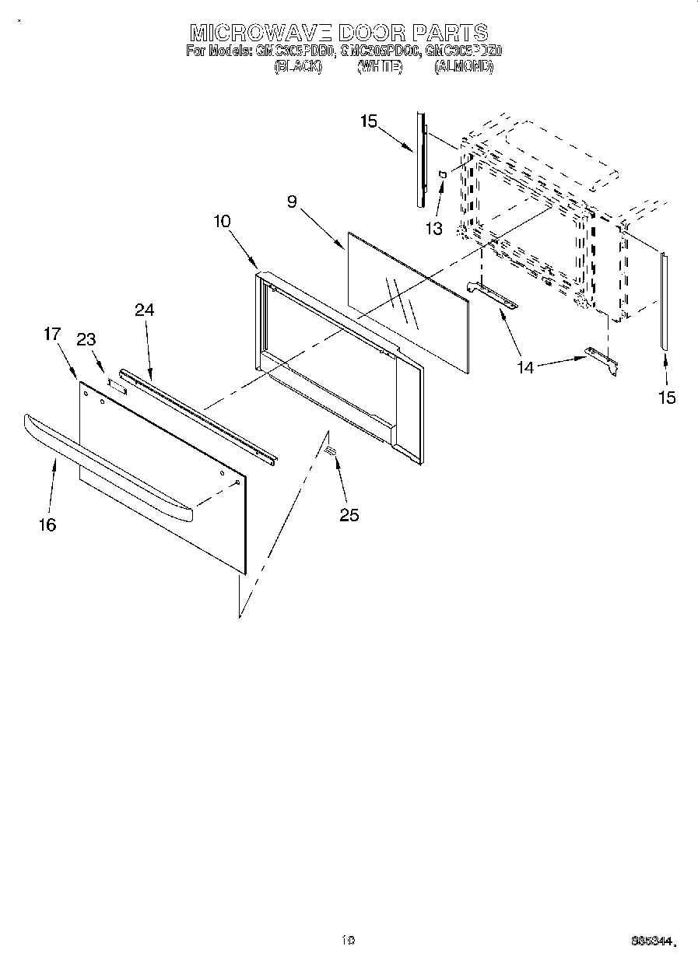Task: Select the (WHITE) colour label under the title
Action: pos(379,68)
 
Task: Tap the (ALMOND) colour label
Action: pos(464,68)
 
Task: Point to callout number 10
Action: pos(222,221)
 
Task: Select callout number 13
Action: pos(433,229)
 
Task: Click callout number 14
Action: pos(527,366)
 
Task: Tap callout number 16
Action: pos(47,525)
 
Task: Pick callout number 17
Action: pos(51,335)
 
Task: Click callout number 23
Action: pos(86,339)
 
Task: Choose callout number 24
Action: pos(144,310)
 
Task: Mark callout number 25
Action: pos(349,514)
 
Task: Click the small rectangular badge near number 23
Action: pos(116,384)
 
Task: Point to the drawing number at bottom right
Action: pos(652,942)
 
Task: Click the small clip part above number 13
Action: pos(441,174)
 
